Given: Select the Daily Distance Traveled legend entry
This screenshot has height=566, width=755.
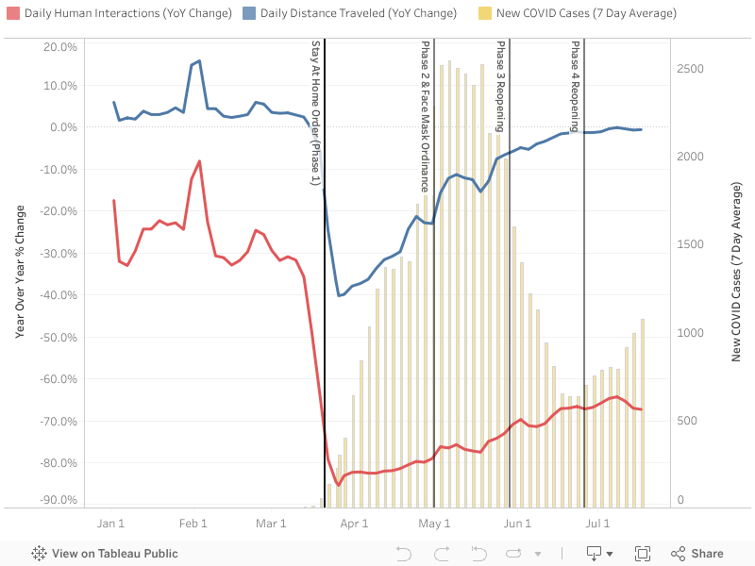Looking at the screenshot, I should [x=358, y=13].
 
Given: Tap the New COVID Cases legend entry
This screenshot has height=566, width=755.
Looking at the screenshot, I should [x=585, y=13].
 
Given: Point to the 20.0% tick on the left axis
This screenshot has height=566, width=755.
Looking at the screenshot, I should [x=60, y=47].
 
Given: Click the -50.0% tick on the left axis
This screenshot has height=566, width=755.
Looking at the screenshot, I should [x=60, y=337].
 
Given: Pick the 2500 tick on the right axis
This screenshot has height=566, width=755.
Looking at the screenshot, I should [x=691, y=69].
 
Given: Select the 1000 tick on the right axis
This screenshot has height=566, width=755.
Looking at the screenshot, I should [x=691, y=333].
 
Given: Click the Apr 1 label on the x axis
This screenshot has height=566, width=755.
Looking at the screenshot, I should [x=353, y=523].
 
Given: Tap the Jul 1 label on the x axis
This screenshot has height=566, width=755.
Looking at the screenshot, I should [x=597, y=523].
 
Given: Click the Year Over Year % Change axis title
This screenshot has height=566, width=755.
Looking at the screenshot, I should [x=20, y=273].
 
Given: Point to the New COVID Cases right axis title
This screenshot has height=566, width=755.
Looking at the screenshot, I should [x=736, y=273].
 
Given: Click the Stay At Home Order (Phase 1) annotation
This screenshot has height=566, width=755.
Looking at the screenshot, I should [x=316, y=112].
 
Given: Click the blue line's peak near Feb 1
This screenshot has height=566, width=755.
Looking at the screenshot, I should [x=199, y=60].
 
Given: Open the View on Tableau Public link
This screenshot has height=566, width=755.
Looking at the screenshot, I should [x=105, y=554].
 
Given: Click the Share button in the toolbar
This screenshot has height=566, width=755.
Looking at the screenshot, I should [x=697, y=554].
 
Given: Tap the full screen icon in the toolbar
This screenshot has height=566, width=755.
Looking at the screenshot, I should [x=643, y=554].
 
